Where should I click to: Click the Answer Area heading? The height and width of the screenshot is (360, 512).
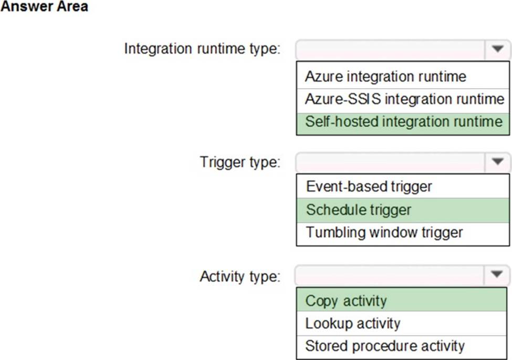tap(45, 6)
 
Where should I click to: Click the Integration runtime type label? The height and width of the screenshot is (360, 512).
tap(202, 49)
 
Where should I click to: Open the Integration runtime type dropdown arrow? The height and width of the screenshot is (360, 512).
tap(497, 49)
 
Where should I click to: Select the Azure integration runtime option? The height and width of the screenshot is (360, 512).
tap(385, 77)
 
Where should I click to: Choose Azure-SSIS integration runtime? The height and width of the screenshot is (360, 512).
tap(404, 99)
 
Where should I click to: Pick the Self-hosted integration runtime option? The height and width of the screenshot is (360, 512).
tap(404, 121)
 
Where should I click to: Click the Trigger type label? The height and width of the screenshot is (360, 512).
tap(240, 162)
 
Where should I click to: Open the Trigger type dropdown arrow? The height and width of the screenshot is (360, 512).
tap(497, 162)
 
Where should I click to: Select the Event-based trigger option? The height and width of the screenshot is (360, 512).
tap(369, 187)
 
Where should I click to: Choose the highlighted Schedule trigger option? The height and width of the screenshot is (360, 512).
tap(359, 210)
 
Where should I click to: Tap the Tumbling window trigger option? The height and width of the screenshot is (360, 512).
tap(384, 233)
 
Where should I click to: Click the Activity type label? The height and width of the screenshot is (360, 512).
tap(240, 276)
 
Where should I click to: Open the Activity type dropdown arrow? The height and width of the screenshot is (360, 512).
tap(497, 275)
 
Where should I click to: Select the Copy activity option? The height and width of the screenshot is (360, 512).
tap(346, 301)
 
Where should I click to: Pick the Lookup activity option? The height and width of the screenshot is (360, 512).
tap(353, 323)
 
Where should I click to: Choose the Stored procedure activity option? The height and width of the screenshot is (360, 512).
tap(384, 346)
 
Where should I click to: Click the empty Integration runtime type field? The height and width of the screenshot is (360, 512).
tap(391, 49)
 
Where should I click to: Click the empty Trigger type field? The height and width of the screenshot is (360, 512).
tap(391, 162)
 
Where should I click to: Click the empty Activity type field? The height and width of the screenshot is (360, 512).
tap(390, 275)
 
